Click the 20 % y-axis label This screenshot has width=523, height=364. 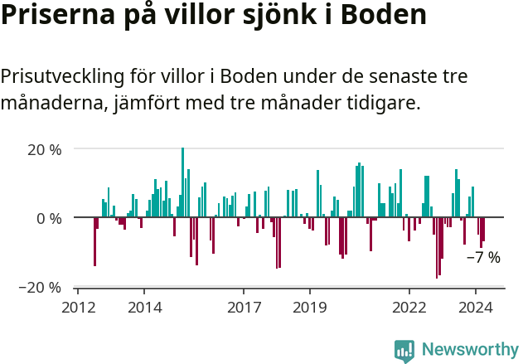coord(45,150)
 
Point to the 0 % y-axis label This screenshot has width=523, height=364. coord(50,218)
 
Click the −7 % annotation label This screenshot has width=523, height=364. coord(483,258)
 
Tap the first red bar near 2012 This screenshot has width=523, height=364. coord(94,241)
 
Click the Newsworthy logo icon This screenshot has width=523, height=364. coord(404,351)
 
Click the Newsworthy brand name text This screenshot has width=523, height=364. coord(469,350)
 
